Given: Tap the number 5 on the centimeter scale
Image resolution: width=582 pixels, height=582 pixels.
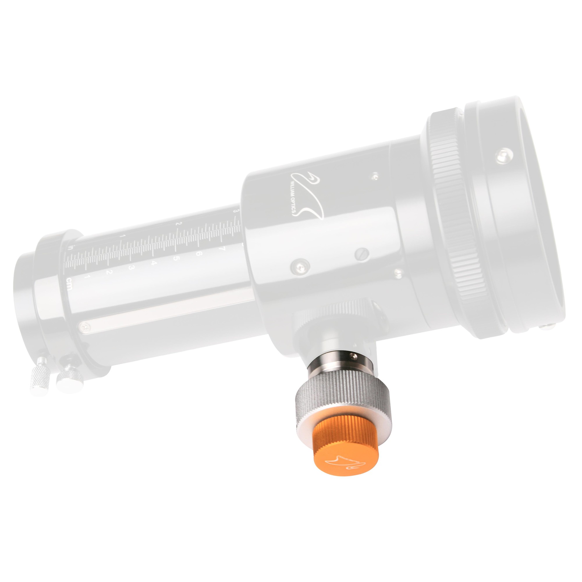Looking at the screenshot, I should click(176, 258).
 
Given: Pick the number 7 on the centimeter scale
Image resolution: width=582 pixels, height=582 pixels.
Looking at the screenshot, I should click(223, 249).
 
